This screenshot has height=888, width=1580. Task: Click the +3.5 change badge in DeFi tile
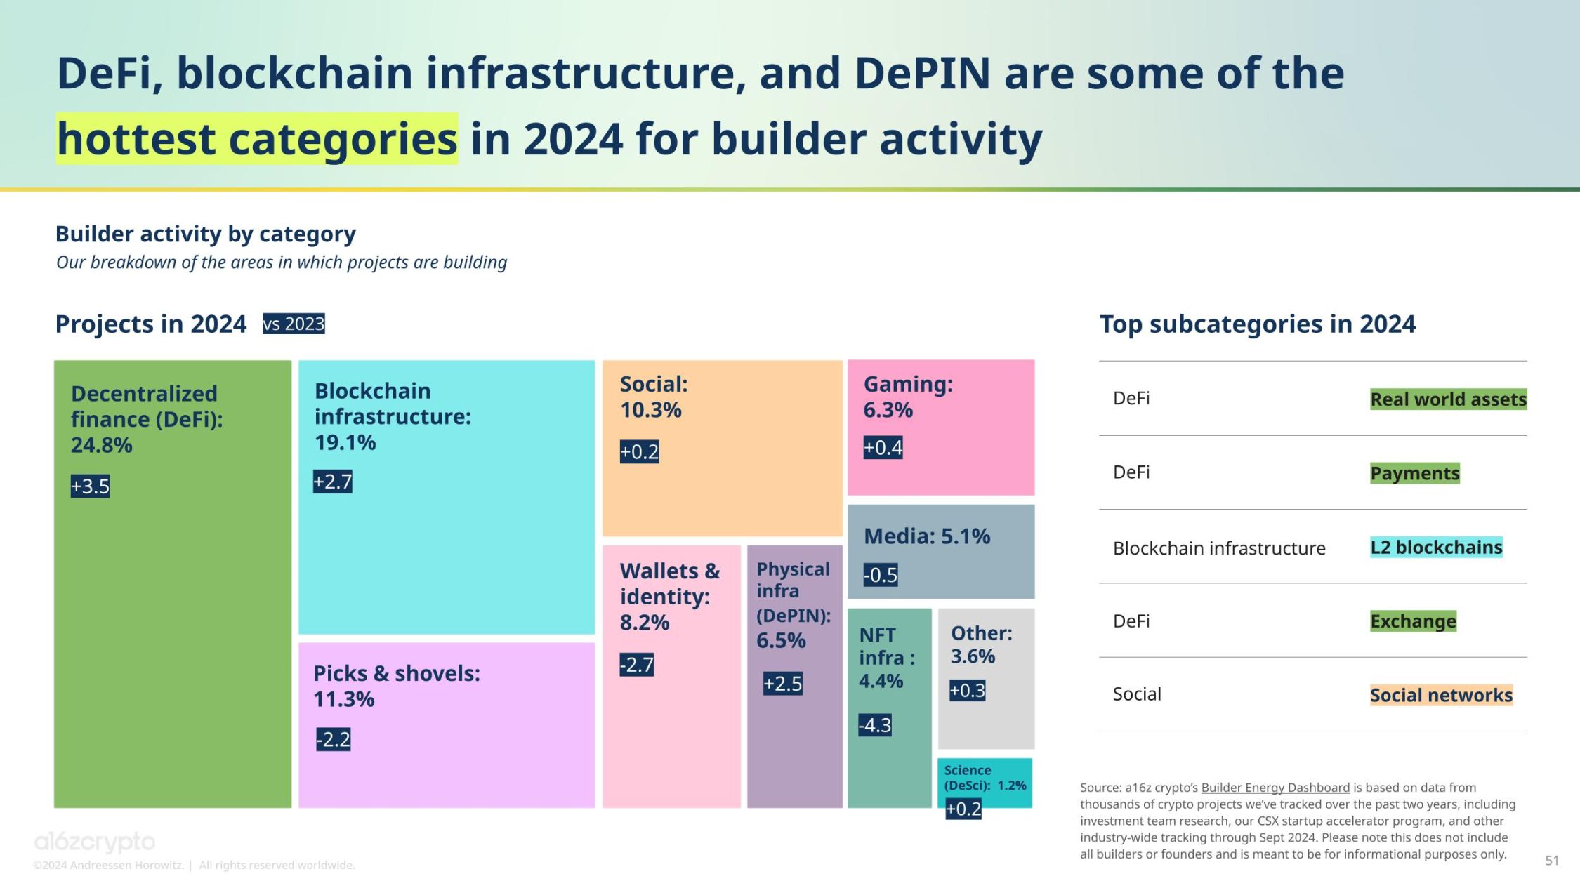(90, 486)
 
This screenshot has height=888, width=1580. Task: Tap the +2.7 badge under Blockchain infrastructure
(332, 482)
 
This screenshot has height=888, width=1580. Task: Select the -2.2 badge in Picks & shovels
(333, 739)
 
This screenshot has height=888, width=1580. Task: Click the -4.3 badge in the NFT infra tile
(874, 725)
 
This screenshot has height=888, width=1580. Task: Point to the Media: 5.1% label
(926, 536)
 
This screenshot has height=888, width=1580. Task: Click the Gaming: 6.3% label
(907, 397)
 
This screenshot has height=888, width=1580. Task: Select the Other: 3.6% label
(981, 644)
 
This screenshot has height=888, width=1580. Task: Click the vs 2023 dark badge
(294, 324)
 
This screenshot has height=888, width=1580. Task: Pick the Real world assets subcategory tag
(1448, 399)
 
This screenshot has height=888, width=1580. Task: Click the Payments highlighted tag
(1414, 473)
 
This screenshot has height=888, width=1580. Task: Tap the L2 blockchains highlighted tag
(1436, 548)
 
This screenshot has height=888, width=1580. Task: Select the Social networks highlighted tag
(1441, 695)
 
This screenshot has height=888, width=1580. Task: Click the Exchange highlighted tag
(1413, 621)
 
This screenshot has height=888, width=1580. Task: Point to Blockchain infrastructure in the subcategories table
(1219, 548)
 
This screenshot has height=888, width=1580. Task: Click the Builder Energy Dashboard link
(1275, 788)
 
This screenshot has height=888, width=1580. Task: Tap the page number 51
(1552, 860)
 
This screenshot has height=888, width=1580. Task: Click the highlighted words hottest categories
(257, 139)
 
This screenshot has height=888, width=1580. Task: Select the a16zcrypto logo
(95, 841)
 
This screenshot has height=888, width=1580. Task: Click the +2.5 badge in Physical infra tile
(782, 684)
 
